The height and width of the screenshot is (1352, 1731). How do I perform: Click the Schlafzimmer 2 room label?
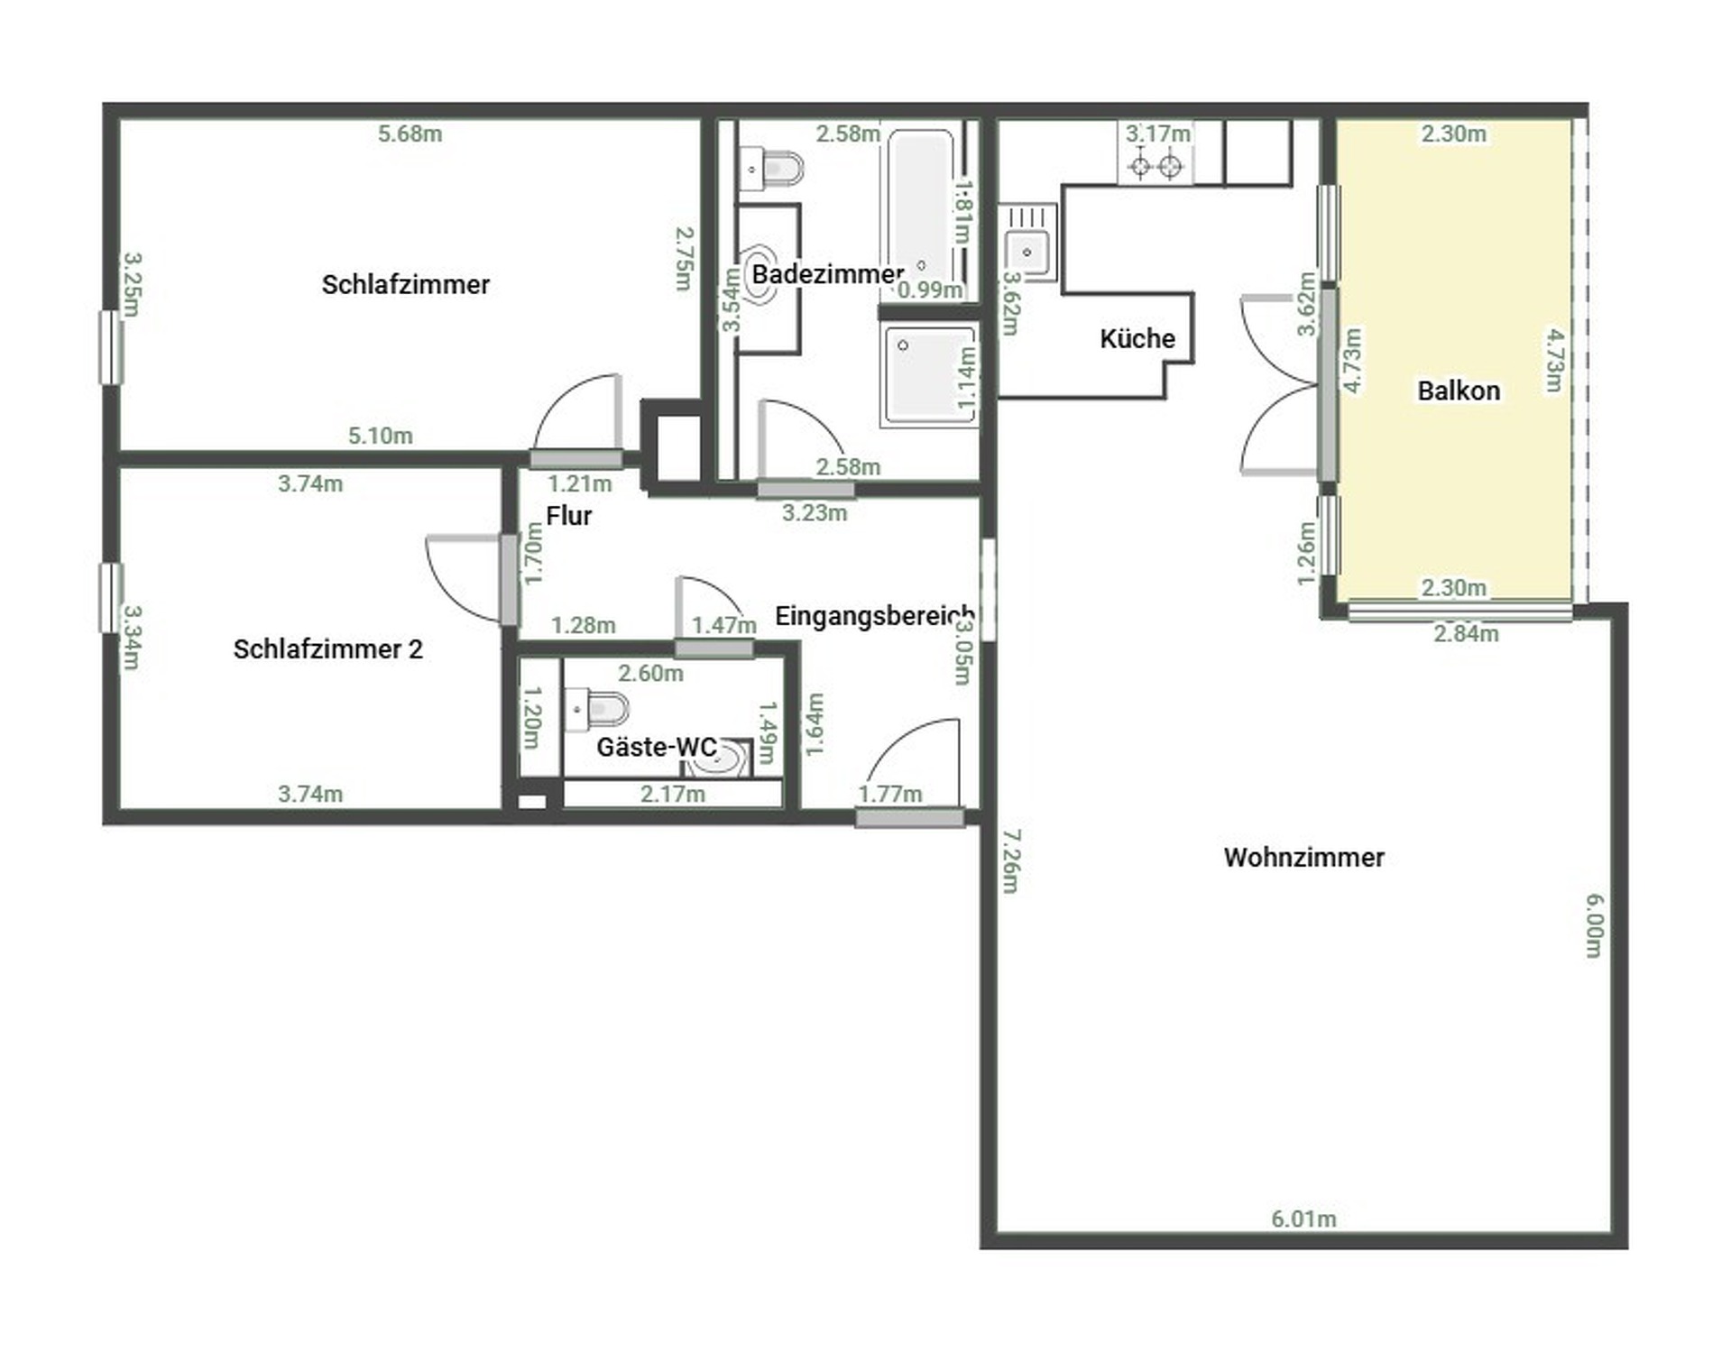pos(327,649)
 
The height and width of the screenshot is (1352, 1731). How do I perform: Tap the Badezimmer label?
pos(827,274)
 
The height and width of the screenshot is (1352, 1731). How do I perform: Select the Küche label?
pos(1137,339)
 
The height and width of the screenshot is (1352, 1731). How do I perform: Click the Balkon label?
pos(1459,391)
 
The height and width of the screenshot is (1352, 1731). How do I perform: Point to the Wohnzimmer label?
pos(1303,857)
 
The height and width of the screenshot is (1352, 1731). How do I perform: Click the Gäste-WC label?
pos(657,747)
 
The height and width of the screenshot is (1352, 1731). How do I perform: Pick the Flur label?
pos(569,516)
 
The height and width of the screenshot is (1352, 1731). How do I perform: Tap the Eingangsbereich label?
pos(874,616)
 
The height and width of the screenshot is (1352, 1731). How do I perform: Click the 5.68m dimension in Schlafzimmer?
pos(410,134)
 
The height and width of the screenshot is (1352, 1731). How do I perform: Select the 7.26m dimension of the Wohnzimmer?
pos(1010,861)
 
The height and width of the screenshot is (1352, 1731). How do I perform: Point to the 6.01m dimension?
pos(1303,1219)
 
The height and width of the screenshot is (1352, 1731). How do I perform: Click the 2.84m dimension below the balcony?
pos(1466,634)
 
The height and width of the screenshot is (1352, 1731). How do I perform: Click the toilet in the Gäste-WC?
pos(599,710)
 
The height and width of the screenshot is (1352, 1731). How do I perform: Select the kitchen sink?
pos(1027,252)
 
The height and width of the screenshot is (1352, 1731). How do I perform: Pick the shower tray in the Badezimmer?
pos(929,374)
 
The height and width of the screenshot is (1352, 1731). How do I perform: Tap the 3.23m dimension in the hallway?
pos(814,513)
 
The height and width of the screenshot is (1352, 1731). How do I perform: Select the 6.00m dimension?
pos(1594,924)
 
